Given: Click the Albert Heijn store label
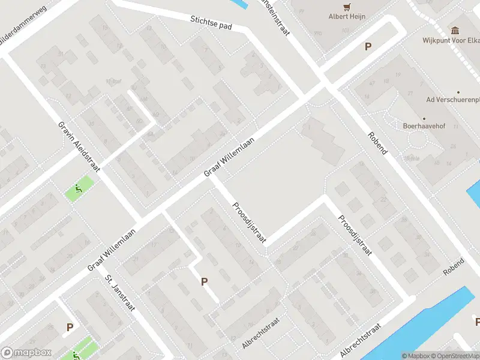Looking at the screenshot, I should (x=347, y=17).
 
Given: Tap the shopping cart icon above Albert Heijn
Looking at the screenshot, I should (x=347, y=7).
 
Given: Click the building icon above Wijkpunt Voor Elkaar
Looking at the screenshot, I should (x=455, y=30).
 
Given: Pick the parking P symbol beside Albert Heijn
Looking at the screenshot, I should (x=368, y=47).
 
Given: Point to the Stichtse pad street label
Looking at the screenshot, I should (x=212, y=23).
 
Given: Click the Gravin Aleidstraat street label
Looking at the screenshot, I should (x=79, y=146).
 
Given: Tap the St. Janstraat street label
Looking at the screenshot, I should (x=120, y=293).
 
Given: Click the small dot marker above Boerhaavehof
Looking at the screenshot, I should (x=424, y=118).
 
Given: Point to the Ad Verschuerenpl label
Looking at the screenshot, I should (x=452, y=99).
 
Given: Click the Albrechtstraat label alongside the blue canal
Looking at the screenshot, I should (x=360, y=340).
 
